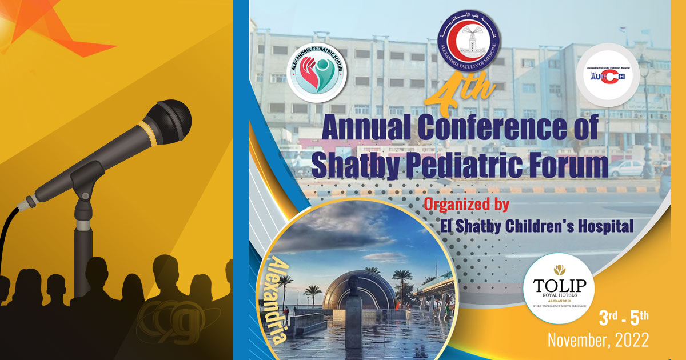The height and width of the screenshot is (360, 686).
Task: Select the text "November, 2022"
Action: [x=598, y=339]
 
